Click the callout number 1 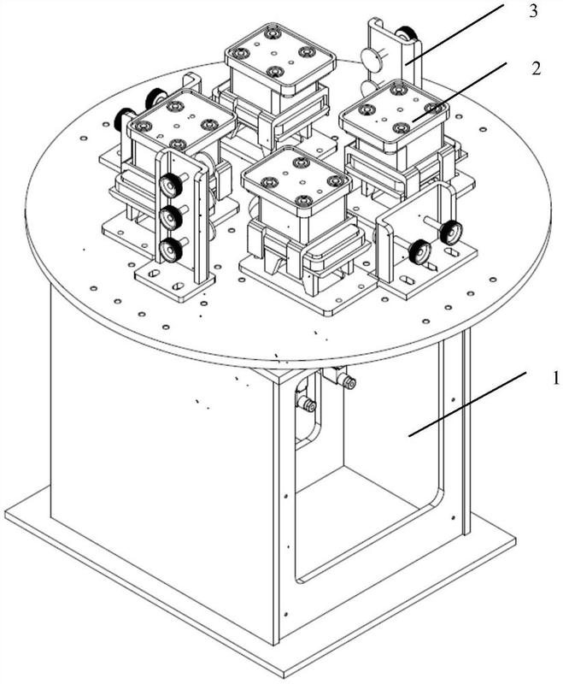555,378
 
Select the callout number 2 537,68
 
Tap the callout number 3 534,12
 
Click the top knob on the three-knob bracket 170,185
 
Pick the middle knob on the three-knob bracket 170,217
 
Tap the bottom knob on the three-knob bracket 170,250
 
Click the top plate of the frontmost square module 296,177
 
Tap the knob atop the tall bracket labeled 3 406,35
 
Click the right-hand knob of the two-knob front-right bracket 450,233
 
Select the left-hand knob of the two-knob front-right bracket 419,252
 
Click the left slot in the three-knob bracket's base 154,274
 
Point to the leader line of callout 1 467,404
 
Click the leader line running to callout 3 454,33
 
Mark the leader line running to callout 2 460,92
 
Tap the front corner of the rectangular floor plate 288,677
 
